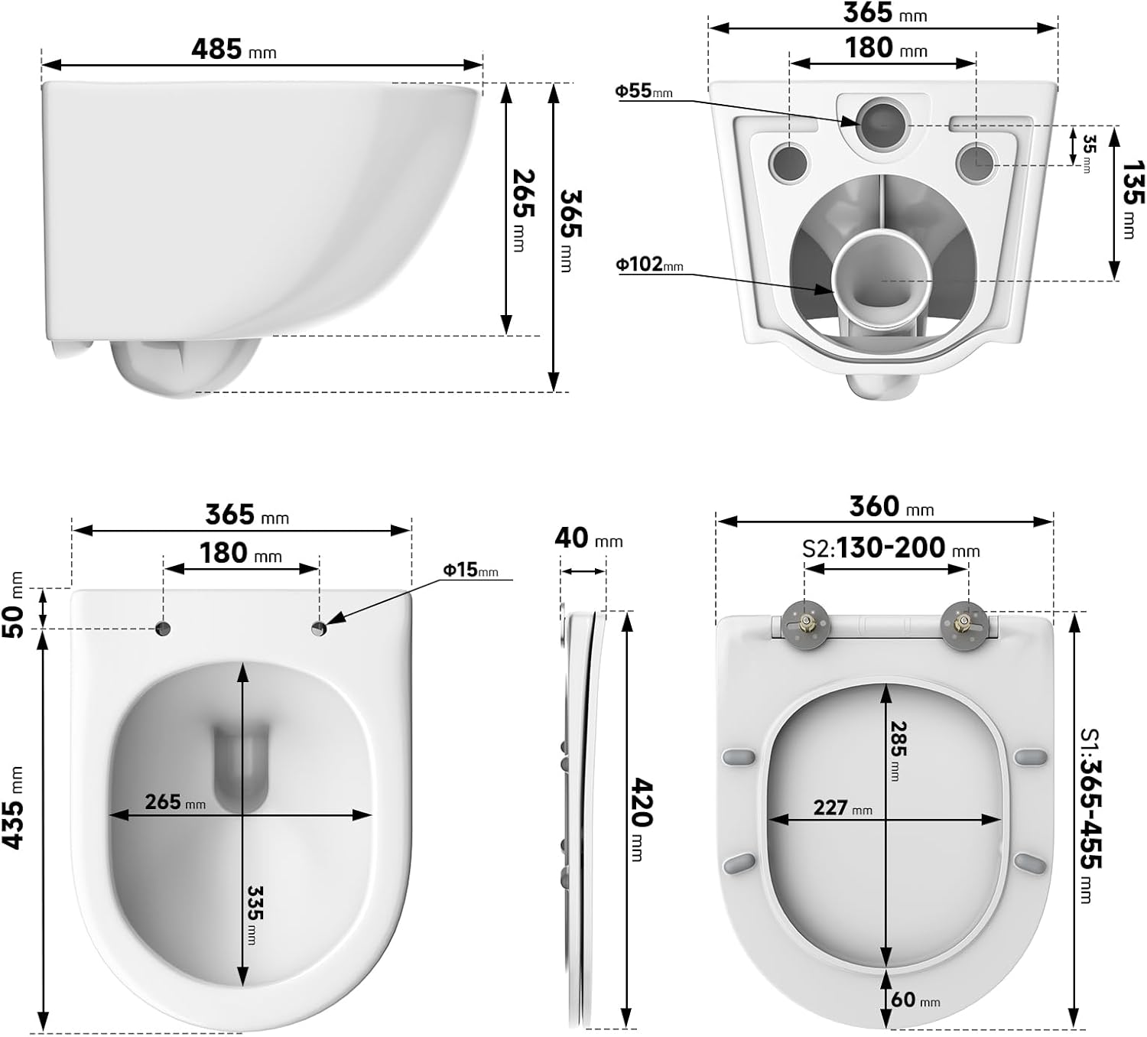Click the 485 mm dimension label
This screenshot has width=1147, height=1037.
[233, 50]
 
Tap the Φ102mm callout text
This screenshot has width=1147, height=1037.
[649, 265]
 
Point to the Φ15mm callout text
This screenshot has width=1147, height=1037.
[470, 570]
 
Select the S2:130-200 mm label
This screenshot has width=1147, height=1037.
[891, 548]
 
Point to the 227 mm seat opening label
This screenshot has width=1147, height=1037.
[841, 808]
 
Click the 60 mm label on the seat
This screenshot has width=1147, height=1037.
[915, 1000]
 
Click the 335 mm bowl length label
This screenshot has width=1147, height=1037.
[255, 914]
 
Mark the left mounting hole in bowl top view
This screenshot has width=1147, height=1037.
[163, 629]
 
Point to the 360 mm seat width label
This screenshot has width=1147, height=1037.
[891, 507]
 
